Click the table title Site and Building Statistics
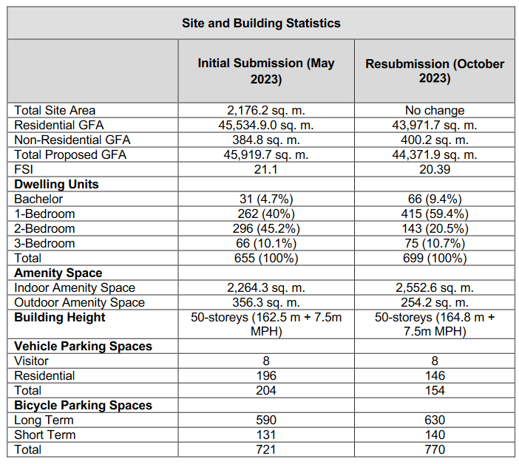click(x=261, y=23)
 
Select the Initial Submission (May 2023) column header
click(x=265, y=71)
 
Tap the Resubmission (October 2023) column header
click(x=435, y=71)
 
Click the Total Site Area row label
click(x=55, y=110)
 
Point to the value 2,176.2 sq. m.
click(x=265, y=110)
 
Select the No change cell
click(x=435, y=110)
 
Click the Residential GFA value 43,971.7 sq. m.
click(x=435, y=125)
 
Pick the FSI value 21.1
click(x=265, y=169)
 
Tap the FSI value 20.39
click(x=435, y=169)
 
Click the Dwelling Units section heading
click(x=56, y=184)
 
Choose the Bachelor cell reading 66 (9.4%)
click(x=435, y=199)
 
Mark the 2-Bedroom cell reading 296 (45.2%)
click(x=265, y=228)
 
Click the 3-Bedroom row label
click(x=44, y=243)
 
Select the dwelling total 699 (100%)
click(x=435, y=258)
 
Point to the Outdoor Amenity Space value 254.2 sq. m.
click(x=435, y=302)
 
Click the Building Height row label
click(x=60, y=317)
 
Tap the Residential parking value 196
click(x=265, y=375)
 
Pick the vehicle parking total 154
click(x=435, y=390)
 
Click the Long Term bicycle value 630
click(x=435, y=420)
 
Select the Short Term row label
click(x=44, y=434)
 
